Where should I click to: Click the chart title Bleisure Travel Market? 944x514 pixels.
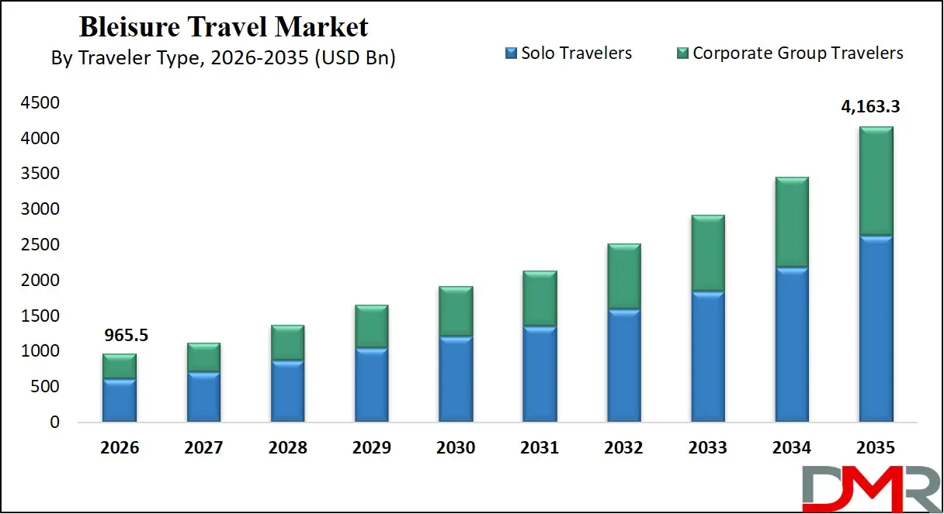[224, 27]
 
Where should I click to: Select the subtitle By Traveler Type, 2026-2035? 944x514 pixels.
[223, 58]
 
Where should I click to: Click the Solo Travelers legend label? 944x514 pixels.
[576, 53]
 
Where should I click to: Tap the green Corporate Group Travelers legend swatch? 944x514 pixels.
[683, 53]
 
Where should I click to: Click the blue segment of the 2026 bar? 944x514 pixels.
[120, 400]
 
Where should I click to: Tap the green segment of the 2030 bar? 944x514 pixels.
[456, 311]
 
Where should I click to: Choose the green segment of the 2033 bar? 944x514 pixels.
[707, 254]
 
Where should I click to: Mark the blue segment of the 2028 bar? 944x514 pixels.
[287, 392]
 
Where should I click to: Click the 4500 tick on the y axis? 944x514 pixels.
[41, 103]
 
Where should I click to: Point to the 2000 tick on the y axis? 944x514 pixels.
[41, 281]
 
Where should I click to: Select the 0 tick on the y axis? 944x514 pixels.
[53, 423]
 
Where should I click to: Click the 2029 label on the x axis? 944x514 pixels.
[371, 448]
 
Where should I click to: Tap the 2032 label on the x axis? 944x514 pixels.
[623, 448]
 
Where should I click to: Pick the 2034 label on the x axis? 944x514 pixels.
[791, 448]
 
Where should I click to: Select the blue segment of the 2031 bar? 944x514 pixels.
[540, 374]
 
